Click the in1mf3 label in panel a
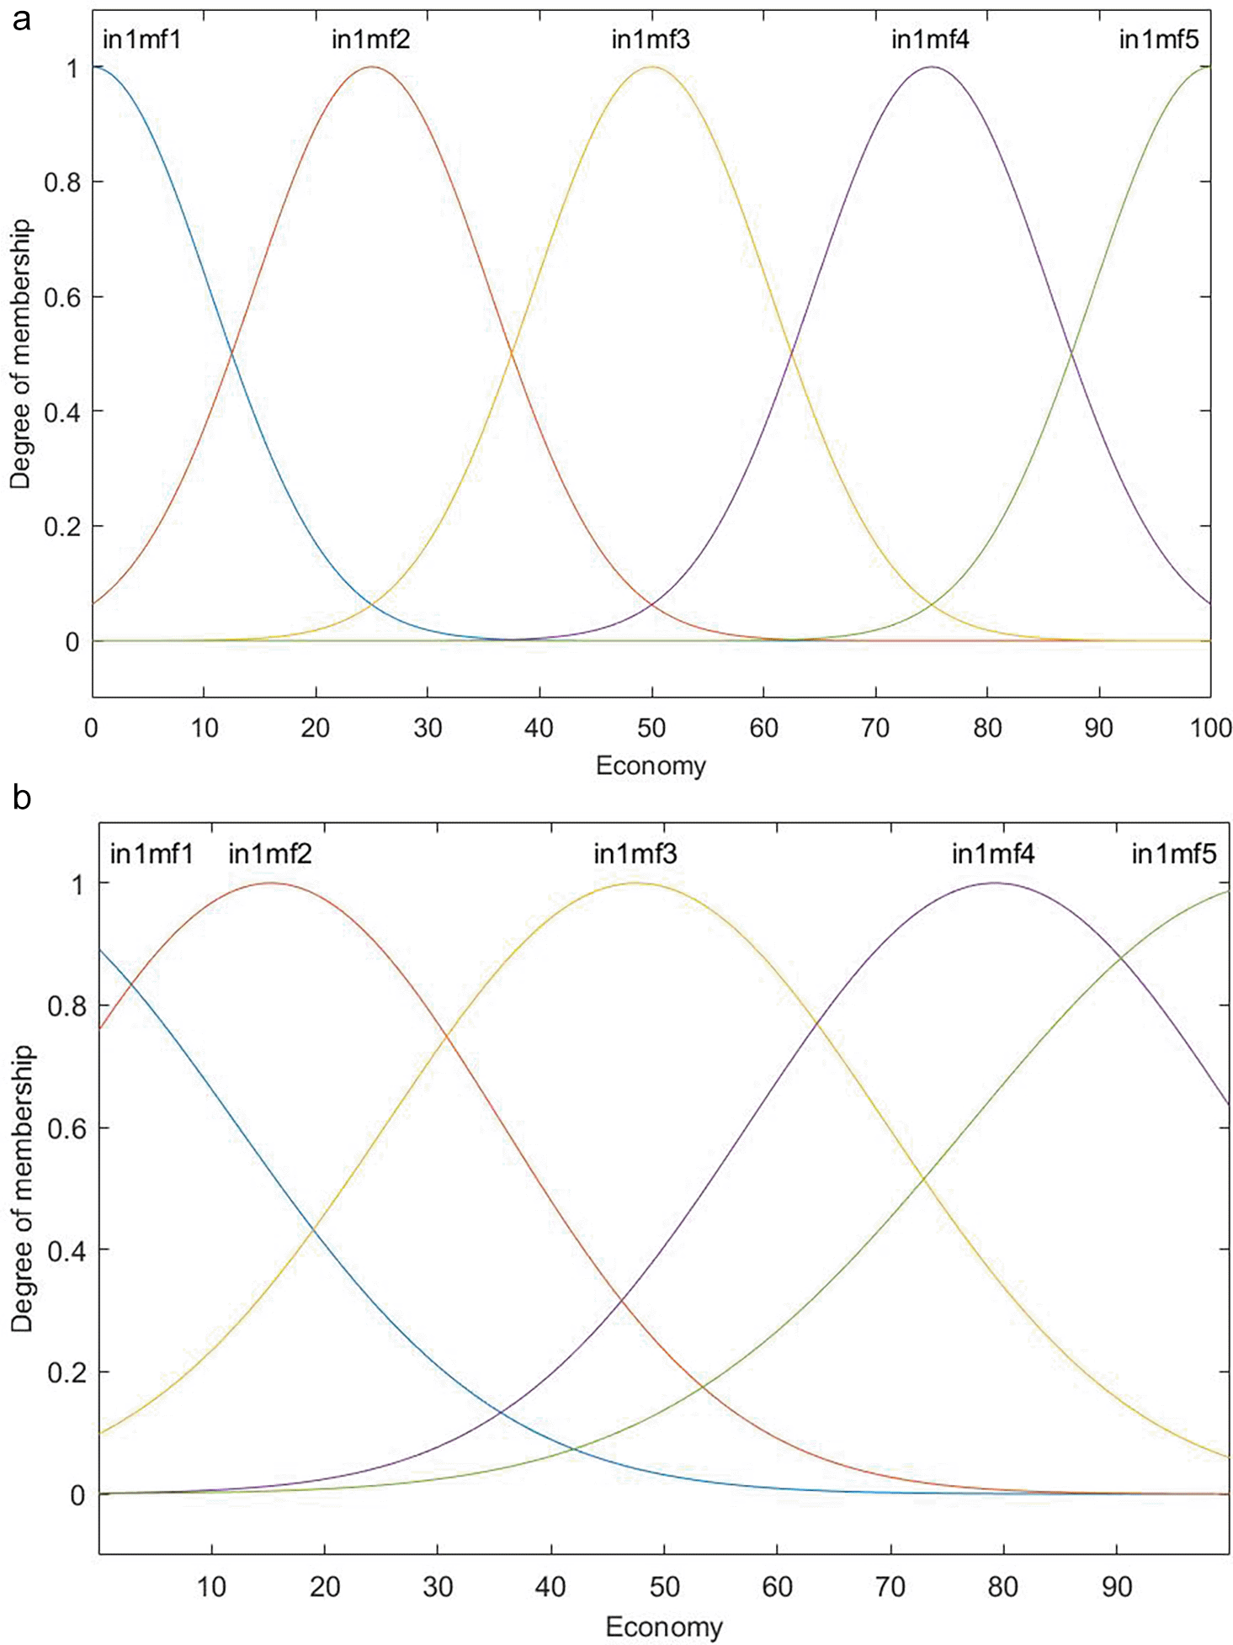[x=651, y=40]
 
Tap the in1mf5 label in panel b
[x=1173, y=854]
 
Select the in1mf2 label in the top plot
[x=370, y=40]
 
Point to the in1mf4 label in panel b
[x=993, y=854]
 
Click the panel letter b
[x=22, y=796]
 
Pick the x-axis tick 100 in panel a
[x=1210, y=728]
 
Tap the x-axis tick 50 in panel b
[x=664, y=1587]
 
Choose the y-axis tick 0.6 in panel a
[x=62, y=297]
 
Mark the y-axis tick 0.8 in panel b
[x=66, y=1006]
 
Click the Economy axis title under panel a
[x=651, y=766]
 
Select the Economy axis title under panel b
[x=664, y=1627]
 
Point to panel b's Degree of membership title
[x=23, y=1188]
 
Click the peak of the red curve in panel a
[x=372, y=66]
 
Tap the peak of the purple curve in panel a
[x=931, y=66]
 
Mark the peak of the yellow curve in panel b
[x=635, y=883]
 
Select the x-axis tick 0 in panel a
[x=92, y=728]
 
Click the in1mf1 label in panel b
[x=151, y=854]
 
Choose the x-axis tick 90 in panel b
[x=1117, y=1587]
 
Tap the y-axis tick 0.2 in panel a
[x=62, y=527]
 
